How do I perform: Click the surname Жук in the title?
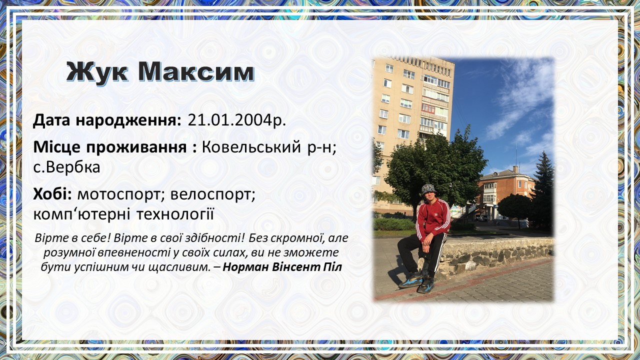point(97,72)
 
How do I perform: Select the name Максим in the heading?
point(196,71)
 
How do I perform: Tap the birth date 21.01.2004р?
point(237,120)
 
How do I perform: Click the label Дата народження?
point(107,121)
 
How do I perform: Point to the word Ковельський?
point(251,147)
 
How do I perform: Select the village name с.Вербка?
point(66,167)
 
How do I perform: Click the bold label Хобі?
point(52,194)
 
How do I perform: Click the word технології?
point(175,214)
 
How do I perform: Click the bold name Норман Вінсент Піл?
point(282,267)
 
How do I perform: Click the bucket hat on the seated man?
point(428,189)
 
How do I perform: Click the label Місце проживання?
point(110,147)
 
